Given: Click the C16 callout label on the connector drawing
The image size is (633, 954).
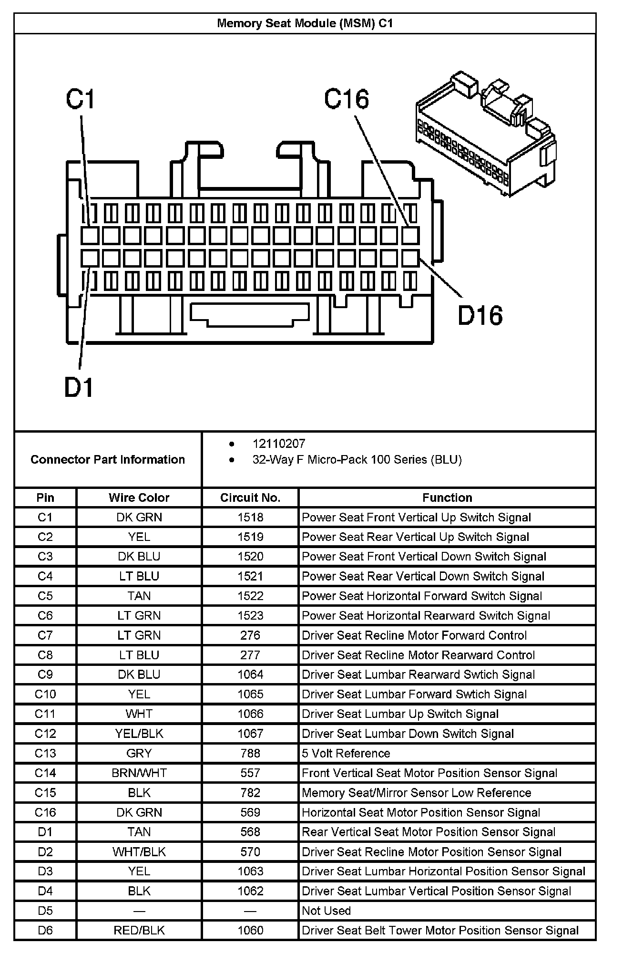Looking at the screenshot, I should point(347,100).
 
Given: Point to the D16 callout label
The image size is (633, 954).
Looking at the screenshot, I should point(480,316).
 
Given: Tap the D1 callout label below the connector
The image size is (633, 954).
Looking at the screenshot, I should point(79,387).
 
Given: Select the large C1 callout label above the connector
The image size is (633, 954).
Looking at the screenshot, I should point(81,100).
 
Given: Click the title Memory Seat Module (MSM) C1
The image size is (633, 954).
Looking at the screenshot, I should point(305,23).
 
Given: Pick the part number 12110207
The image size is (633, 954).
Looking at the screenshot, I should point(278,444).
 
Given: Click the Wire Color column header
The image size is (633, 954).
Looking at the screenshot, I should point(139,498).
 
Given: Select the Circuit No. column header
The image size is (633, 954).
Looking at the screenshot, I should point(250,498).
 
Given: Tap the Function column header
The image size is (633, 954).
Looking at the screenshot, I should point(447,498).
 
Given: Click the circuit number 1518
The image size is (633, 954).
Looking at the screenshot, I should point(250,518).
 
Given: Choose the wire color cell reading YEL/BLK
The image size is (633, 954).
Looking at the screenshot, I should point(139,734).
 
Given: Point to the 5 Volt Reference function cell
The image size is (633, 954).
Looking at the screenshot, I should point(346,753).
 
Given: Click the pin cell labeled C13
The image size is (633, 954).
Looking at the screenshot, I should point(45,753).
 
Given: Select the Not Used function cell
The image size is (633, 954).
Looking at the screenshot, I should point(326,911).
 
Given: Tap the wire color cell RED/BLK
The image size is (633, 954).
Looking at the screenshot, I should point(139,930).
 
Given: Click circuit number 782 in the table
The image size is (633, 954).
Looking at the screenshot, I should point(250,793).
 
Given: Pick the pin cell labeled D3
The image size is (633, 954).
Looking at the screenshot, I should point(45,871).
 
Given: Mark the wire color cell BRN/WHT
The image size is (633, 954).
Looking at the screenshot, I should point(139,773).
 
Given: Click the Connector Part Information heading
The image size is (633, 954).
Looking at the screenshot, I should point(108,460).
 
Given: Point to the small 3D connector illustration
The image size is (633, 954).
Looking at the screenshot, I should point(485,134).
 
